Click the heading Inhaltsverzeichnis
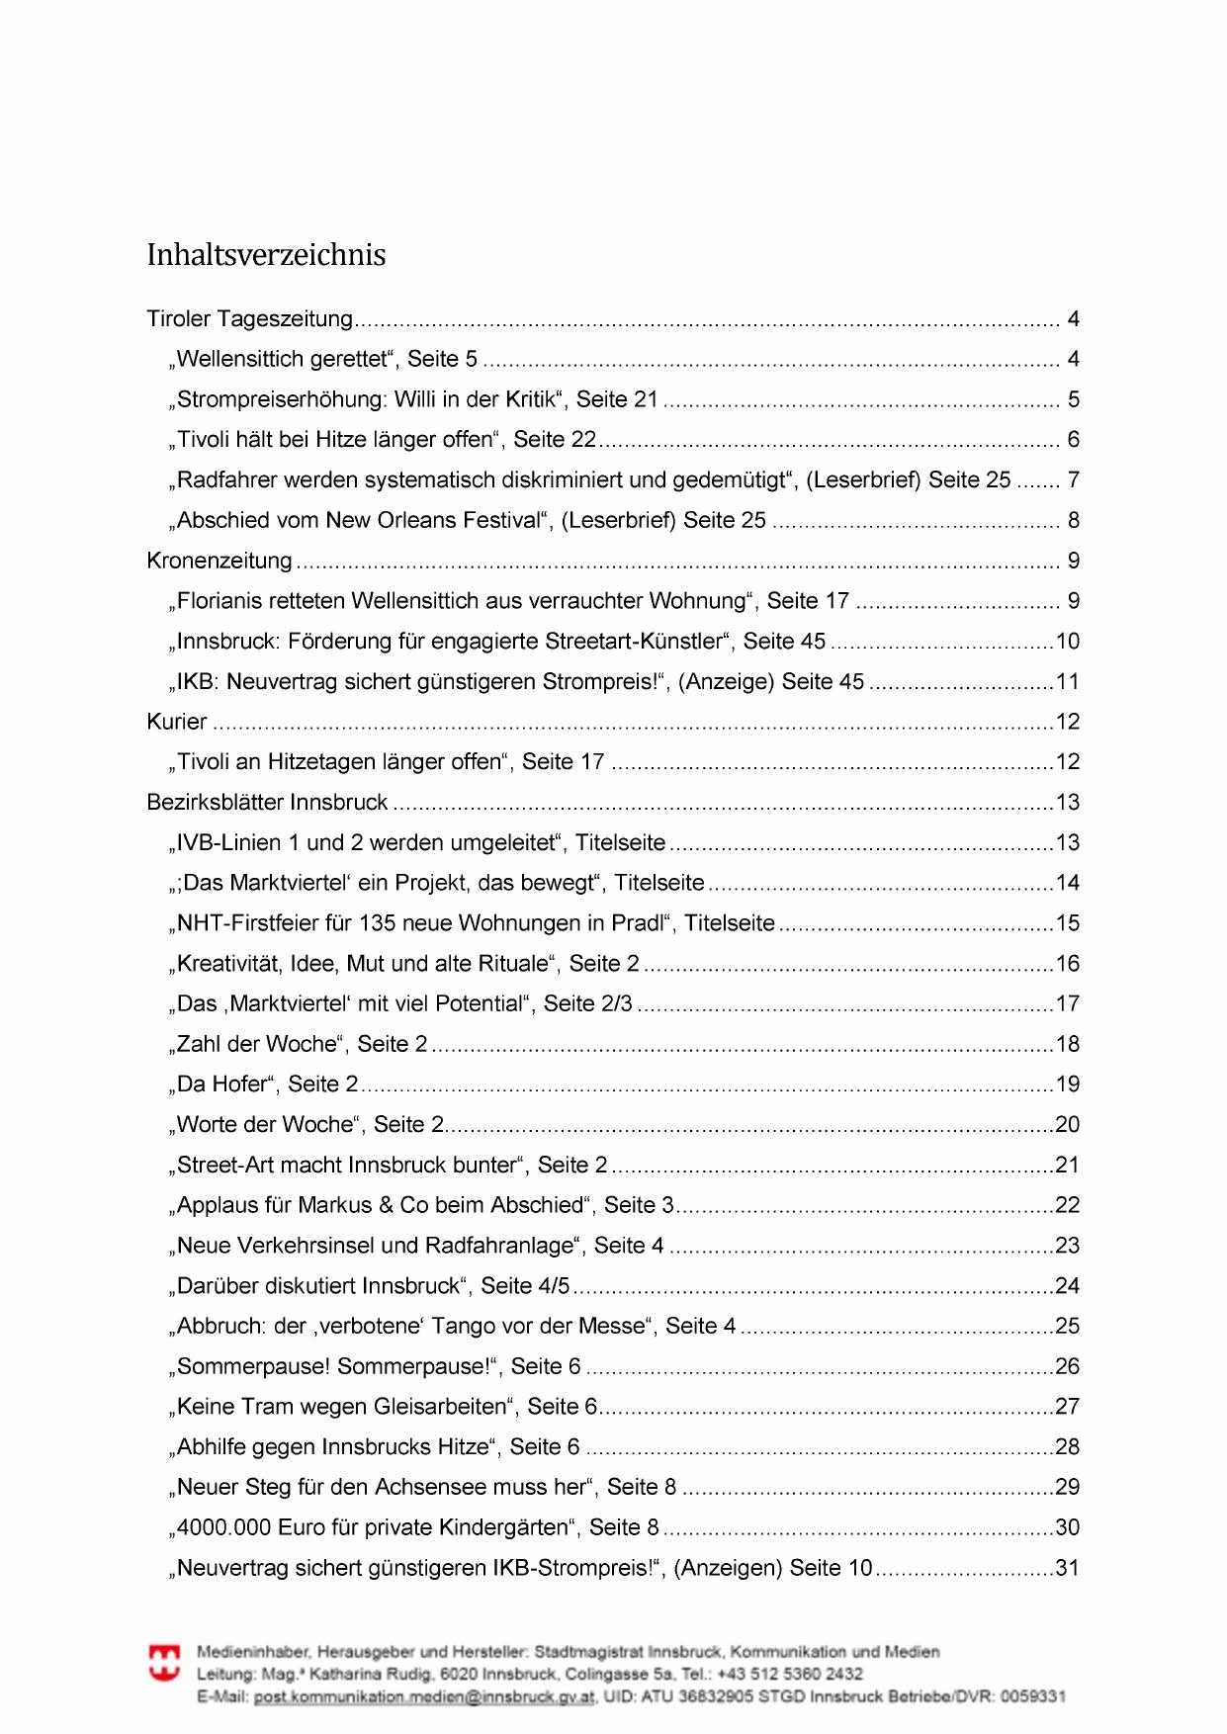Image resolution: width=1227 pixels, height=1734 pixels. pos(266,255)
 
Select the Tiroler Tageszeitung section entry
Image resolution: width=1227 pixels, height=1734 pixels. pos(249,319)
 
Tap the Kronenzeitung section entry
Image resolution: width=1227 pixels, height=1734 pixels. pos(219,562)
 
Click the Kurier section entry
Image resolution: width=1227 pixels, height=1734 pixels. pos(177,723)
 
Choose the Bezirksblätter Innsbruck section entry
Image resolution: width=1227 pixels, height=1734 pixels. pos(267,803)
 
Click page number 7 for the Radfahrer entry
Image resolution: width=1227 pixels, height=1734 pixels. pos(1073,480)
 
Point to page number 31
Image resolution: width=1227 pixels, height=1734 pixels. pos(1067,1569)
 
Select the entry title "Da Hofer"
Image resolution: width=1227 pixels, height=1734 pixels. pos(222,1084)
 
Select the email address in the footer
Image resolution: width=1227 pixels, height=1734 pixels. pos(424,1697)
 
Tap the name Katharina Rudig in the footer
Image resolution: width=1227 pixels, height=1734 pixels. pos(372,1675)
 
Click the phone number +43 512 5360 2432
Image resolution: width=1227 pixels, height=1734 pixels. pos(790,1675)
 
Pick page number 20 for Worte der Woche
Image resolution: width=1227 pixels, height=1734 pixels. pos(1067,1125)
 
